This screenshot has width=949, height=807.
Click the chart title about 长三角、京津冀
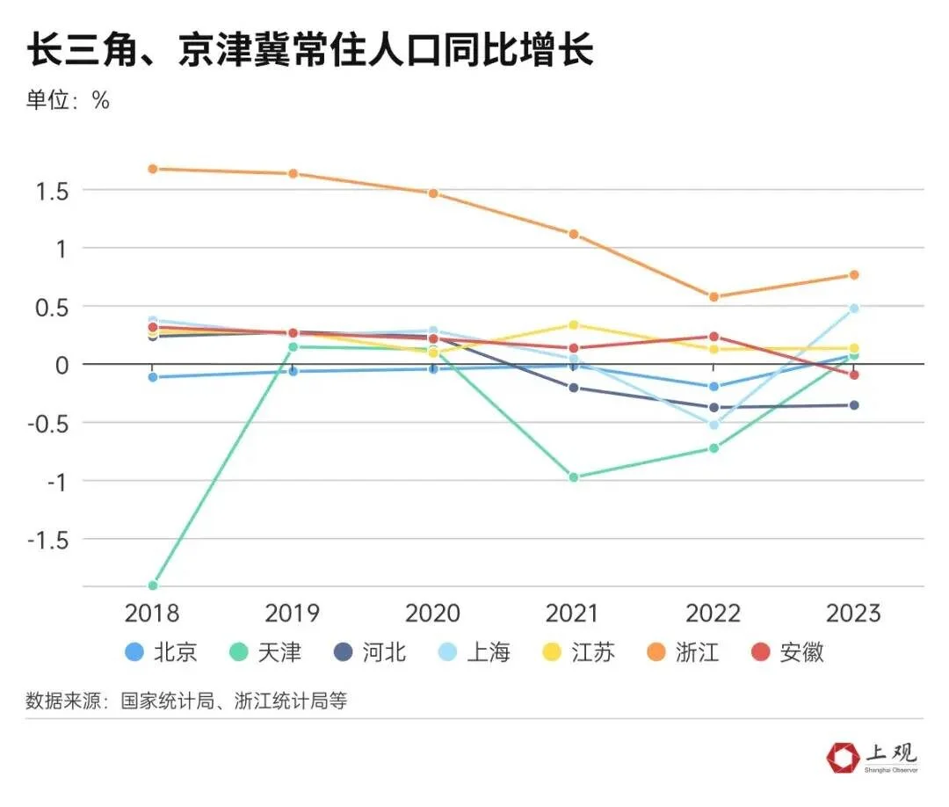(x=309, y=51)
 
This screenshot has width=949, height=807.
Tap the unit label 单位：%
(x=68, y=100)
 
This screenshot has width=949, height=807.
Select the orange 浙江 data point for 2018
(x=152, y=169)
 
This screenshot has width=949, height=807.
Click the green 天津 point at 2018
(x=152, y=585)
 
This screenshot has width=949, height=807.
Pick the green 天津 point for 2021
(x=574, y=477)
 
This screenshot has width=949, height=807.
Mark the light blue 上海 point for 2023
(x=853, y=309)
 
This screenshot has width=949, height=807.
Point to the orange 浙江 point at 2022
(x=714, y=297)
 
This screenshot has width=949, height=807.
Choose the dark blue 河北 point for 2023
(x=853, y=405)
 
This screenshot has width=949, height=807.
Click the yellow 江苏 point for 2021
(x=574, y=325)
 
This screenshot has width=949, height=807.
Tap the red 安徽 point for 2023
(x=853, y=374)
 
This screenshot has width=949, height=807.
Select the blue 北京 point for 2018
(x=152, y=377)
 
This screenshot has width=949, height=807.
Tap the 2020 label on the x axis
(x=432, y=613)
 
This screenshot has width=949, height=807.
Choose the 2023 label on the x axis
(x=852, y=613)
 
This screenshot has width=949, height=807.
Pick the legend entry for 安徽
(x=786, y=652)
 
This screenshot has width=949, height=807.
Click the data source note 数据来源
(x=186, y=701)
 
